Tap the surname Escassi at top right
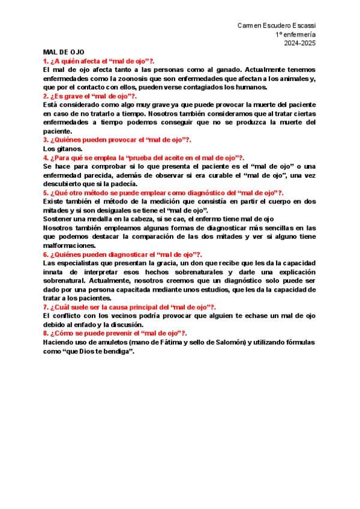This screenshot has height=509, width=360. (x=304, y=25)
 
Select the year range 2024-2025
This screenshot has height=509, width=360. (x=300, y=43)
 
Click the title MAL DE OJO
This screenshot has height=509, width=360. (x=64, y=52)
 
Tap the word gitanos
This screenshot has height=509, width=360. (x=70, y=148)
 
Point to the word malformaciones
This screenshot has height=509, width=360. (x=69, y=245)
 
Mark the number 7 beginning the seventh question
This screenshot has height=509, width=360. (x=45, y=307)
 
